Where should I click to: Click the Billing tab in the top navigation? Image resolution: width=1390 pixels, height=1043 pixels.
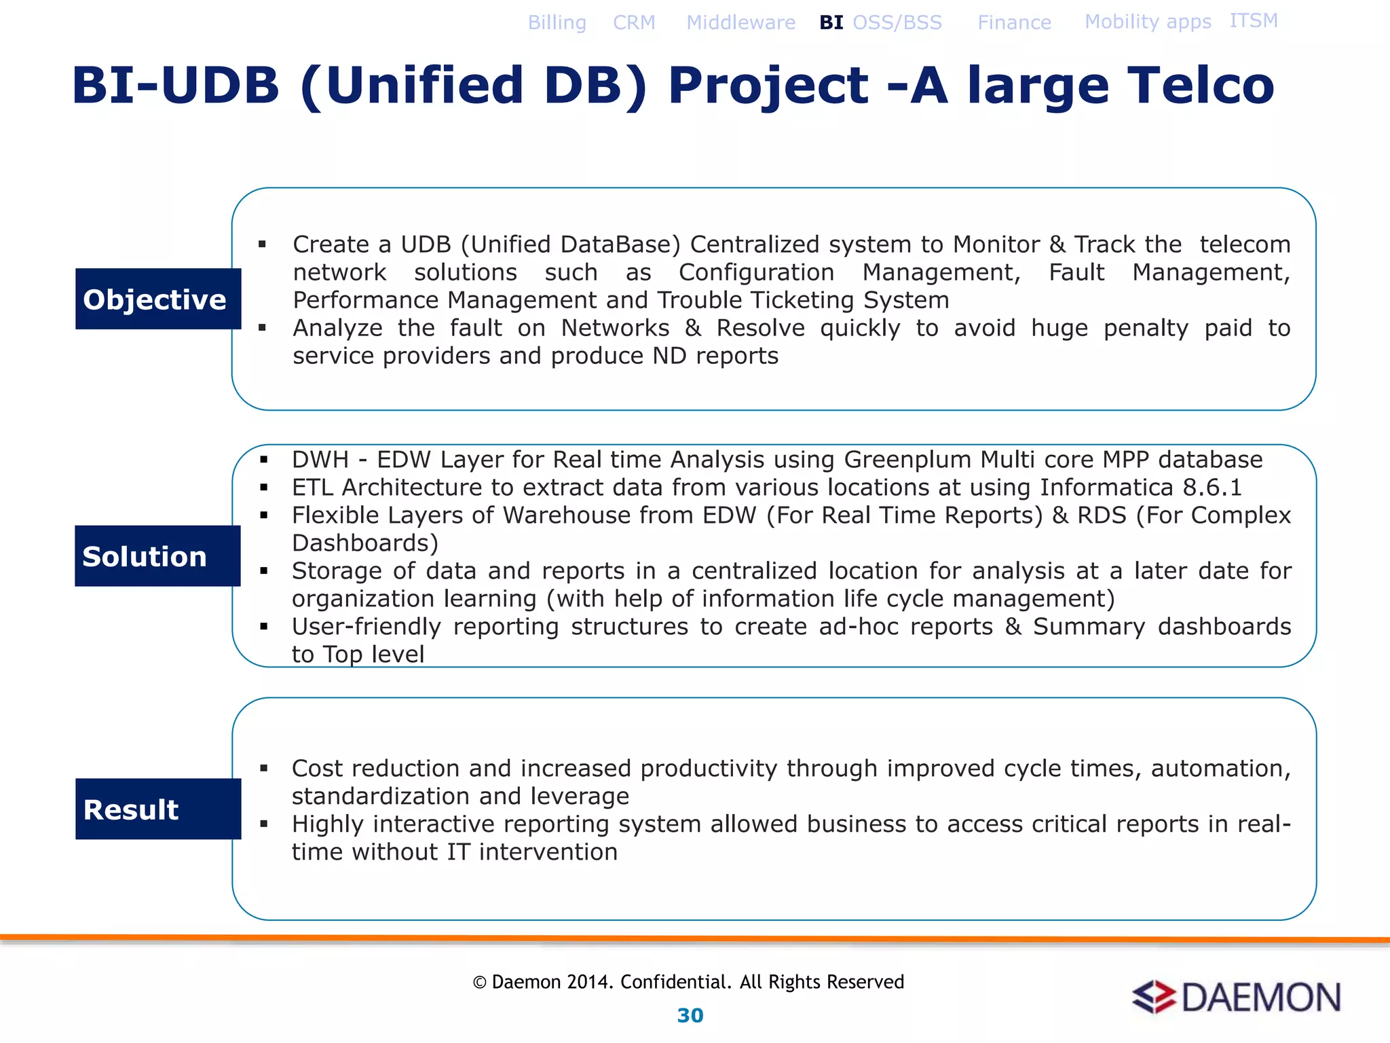click(x=557, y=22)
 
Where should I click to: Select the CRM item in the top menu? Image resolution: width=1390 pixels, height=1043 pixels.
click(x=634, y=22)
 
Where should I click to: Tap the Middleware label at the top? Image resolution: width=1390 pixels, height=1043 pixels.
click(x=740, y=22)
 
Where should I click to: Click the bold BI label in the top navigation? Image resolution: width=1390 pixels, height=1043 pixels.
click(x=831, y=22)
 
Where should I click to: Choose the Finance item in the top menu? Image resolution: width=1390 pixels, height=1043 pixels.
click(x=1014, y=22)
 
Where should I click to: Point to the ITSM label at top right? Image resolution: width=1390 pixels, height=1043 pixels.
click(x=1253, y=21)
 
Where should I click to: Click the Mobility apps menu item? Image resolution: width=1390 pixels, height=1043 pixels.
click(x=1148, y=22)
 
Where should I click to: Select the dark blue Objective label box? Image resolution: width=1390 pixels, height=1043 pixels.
click(x=158, y=299)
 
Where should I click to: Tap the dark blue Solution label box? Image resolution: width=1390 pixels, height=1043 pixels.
click(x=157, y=555)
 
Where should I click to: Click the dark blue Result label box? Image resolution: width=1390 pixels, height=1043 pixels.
click(x=158, y=809)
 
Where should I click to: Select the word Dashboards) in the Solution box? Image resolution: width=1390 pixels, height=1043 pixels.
click(x=365, y=543)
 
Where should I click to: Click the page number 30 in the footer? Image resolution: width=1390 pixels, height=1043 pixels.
click(x=690, y=1015)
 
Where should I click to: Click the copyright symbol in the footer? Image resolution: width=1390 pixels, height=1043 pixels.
click(x=479, y=983)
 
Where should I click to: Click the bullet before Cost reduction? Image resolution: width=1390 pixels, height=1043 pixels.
click(x=263, y=769)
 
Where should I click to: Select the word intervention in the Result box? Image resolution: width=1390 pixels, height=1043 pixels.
click(x=548, y=852)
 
